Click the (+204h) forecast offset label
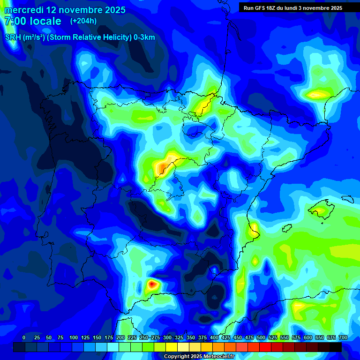click(83, 21)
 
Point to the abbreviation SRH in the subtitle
click(13, 37)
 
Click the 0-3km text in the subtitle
click(144, 37)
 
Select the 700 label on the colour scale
click(343, 337)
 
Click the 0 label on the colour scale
click(24, 337)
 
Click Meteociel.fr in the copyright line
click(215, 357)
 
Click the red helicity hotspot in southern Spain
click(152, 284)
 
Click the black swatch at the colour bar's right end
click(335, 347)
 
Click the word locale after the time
click(45, 21)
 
